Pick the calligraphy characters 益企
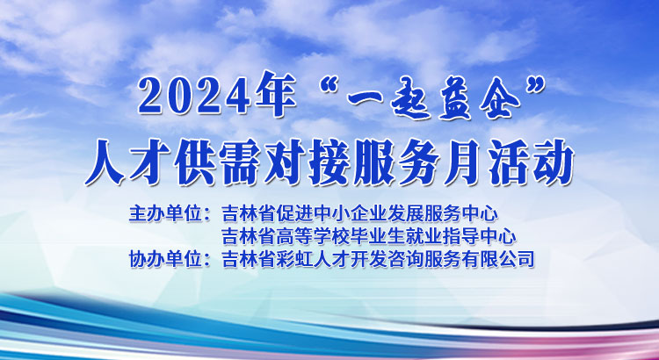point(479,97)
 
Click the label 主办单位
point(164,213)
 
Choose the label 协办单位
point(164,259)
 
